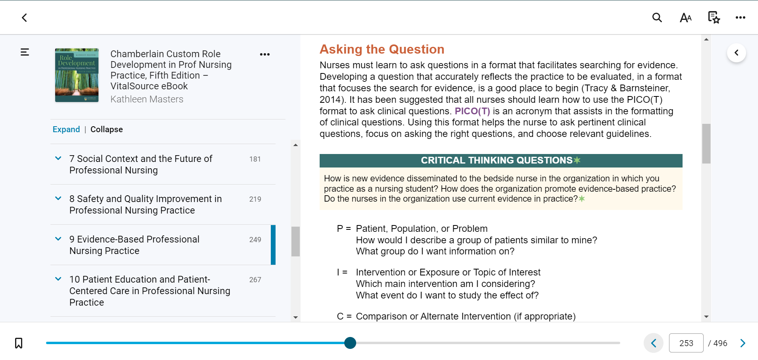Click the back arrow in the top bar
click(24, 17)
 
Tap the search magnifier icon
click(657, 17)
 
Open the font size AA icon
click(686, 17)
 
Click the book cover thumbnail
click(77, 75)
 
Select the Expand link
click(66, 129)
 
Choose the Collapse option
click(106, 129)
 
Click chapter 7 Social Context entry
click(141, 164)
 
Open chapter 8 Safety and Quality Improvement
click(145, 204)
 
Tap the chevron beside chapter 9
click(58, 239)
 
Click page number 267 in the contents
click(255, 280)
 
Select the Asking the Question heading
click(382, 49)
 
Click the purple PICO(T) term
click(472, 111)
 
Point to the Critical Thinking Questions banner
click(501, 160)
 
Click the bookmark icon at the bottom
click(19, 343)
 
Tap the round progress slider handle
click(350, 343)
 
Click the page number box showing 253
click(686, 343)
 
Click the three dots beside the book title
click(265, 54)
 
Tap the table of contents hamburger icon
click(25, 52)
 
